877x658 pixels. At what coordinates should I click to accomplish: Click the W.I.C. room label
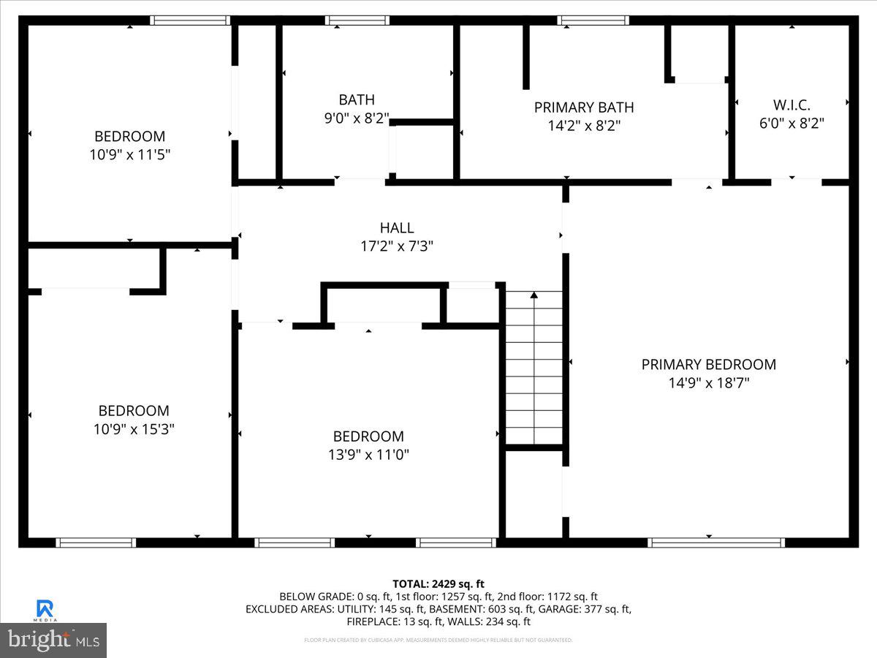point(791,105)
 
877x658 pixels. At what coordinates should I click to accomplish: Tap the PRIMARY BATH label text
point(583,107)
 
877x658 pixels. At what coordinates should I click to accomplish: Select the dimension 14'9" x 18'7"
point(708,382)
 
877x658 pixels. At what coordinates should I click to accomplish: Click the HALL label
point(397,228)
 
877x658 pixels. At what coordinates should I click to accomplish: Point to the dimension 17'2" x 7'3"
point(397,246)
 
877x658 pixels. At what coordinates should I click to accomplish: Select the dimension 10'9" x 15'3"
point(134,429)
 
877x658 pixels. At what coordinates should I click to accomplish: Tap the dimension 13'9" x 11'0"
point(368,455)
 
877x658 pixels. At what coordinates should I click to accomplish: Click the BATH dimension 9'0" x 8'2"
point(357,118)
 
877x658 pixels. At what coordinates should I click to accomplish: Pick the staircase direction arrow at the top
point(534,295)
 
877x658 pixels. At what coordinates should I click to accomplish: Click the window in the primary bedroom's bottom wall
point(715,542)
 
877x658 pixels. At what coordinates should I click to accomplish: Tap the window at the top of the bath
point(357,20)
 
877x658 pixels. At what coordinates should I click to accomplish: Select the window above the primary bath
point(593,20)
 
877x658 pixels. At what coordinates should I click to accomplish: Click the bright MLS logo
point(53,640)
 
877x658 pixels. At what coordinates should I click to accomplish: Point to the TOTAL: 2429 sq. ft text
point(438,583)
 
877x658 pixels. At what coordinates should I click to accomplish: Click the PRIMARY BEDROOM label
point(708,364)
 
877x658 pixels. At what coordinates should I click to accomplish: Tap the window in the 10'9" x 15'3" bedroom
point(96,542)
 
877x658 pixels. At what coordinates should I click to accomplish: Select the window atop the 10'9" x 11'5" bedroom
point(190,20)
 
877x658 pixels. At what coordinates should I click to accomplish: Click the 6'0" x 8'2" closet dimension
point(791,124)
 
